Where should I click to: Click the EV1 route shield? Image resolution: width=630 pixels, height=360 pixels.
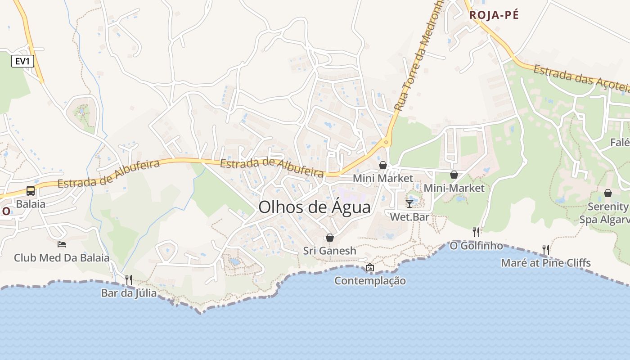[x=22, y=61]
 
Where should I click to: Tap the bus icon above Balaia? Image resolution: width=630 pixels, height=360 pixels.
[x=31, y=190]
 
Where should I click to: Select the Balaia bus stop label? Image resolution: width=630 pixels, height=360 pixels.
[x=31, y=204]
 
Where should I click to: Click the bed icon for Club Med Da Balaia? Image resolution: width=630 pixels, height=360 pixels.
[x=62, y=244]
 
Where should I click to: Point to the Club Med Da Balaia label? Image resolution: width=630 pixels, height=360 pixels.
[x=62, y=258]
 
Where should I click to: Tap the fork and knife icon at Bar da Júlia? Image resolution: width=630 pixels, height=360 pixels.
[x=129, y=280]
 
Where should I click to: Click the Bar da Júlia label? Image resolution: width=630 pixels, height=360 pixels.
[x=129, y=293]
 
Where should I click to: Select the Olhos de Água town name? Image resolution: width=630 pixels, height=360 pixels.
[x=315, y=207]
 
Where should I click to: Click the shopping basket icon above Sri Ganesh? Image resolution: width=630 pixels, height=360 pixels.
[x=330, y=237]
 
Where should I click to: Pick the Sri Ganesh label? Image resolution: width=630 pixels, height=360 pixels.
[x=330, y=251]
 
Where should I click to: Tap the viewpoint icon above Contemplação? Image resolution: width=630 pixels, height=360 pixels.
[x=370, y=267]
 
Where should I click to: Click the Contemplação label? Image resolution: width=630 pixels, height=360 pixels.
[x=370, y=281]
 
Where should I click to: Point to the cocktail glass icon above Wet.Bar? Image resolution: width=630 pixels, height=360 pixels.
[x=409, y=203]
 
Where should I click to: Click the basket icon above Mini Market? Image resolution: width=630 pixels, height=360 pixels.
[x=383, y=165]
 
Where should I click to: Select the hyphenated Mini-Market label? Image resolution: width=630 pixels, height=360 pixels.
[x=454, y=188]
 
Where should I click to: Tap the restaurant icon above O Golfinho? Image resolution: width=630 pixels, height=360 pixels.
[x=476, y=232]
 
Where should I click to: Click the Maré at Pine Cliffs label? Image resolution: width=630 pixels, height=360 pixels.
[x=546, y=263]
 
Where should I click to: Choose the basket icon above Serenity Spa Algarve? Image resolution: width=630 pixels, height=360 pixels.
[x=608, y=193]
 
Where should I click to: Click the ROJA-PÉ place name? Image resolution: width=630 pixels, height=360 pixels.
[x=494, y=15]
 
